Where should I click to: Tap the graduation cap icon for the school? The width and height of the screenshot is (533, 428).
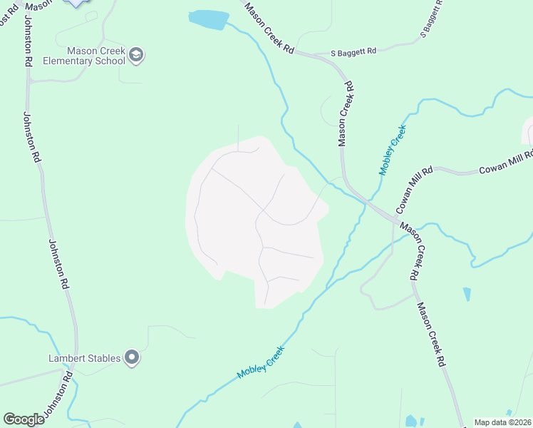[138, 55]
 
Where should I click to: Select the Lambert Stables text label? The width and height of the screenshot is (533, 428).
[84, 358]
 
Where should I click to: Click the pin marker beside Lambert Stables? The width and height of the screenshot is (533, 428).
[132, 357]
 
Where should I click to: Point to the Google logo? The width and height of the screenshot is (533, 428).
[24, 419]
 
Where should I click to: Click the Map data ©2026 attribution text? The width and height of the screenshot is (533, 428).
[502, 422]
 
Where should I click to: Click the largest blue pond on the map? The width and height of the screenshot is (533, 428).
[209, 19]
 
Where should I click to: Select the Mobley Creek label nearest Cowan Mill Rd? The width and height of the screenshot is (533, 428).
[392, 150]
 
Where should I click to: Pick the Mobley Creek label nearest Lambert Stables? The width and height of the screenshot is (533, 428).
[260, 362]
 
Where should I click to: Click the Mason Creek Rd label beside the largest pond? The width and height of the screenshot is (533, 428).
[269, 29]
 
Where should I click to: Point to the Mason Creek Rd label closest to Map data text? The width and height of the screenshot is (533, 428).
[431, 334]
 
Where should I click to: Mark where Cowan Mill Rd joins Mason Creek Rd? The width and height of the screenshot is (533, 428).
[391, 214]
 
